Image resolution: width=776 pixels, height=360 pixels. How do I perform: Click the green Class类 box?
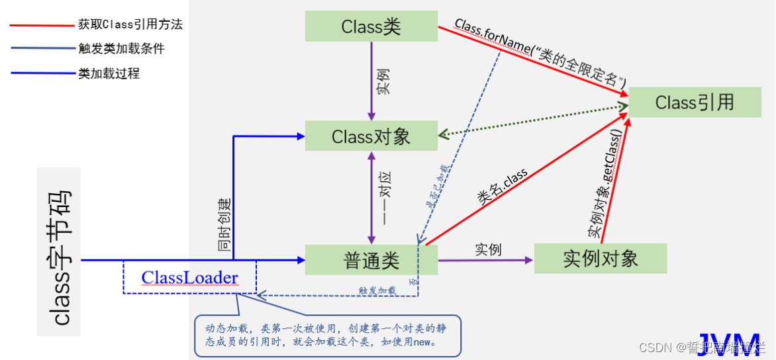371,26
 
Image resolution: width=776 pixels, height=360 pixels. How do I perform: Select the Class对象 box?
371,136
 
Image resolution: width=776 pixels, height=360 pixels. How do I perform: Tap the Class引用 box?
694,102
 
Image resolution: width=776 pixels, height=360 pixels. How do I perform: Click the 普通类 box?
371,260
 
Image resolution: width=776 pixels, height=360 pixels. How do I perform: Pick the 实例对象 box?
600,259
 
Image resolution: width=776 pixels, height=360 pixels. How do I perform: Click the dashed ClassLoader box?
189,277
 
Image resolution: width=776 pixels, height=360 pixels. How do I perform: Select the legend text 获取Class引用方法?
130,25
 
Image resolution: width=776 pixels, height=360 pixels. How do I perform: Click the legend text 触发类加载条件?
121,48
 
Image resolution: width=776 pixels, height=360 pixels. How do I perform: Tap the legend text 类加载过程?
109,73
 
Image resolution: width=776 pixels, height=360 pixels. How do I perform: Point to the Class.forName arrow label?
540,53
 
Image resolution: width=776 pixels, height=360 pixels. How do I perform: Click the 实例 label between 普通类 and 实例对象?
488,249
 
